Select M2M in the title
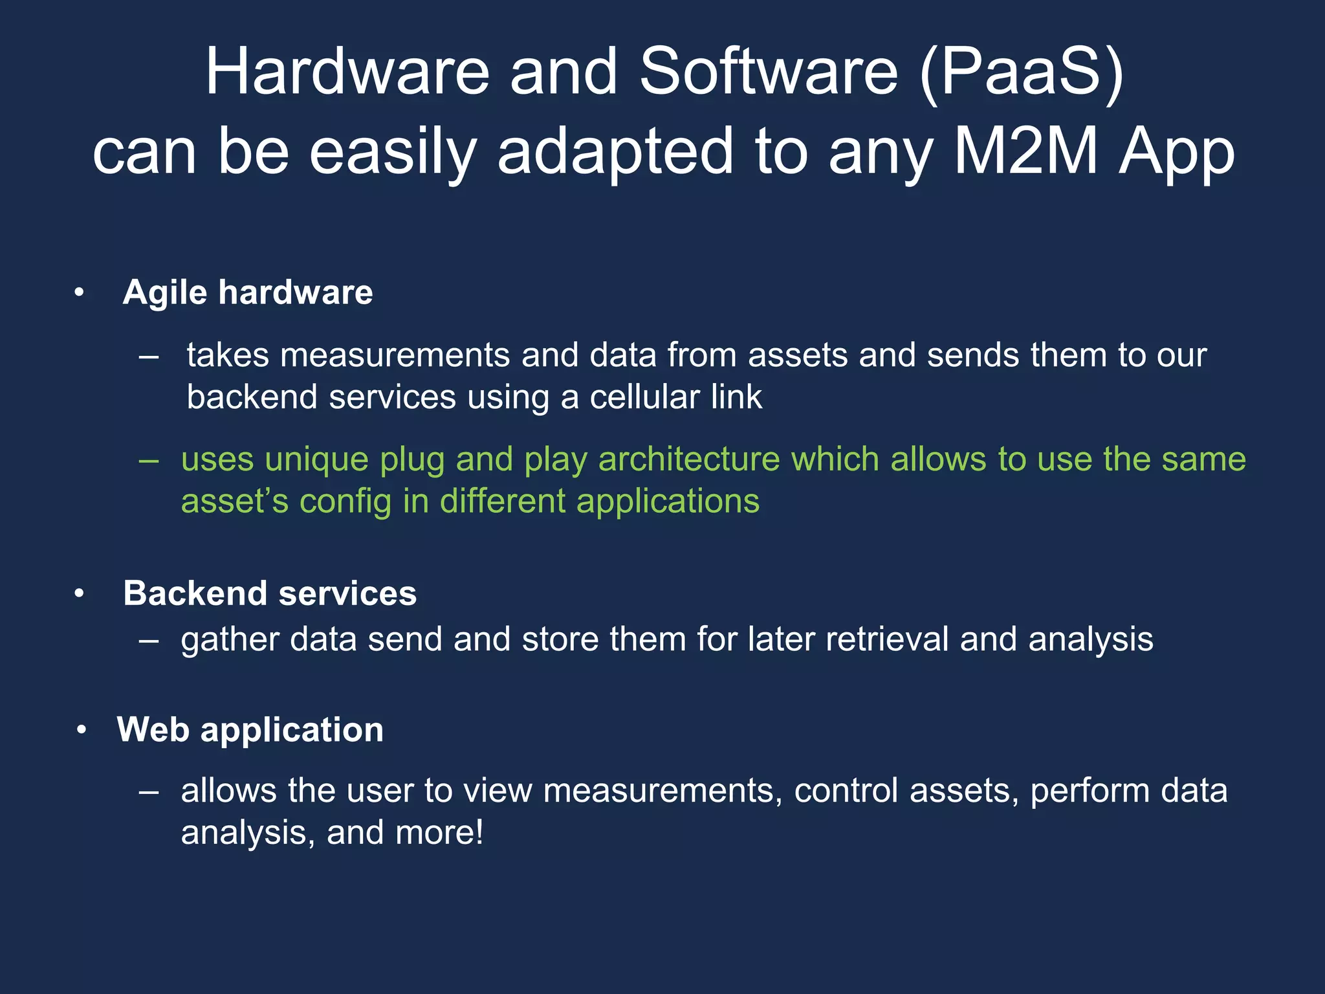point(1026,152)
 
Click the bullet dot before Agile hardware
point(79,293)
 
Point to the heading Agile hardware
point(248,293)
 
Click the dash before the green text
point(149,460)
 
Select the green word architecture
point(689,459)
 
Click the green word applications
point(668,502)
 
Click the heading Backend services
point(270,593)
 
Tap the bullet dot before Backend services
point(79,594)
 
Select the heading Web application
point(250,730)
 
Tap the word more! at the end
point(439,833)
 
